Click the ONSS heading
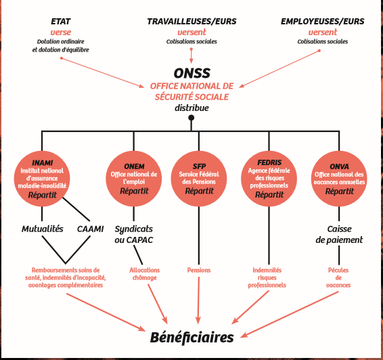click(191, 73)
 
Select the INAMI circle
click(42, 179)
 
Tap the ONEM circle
click(133, 179)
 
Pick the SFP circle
click(199, 179)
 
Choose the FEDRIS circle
click(269, 179)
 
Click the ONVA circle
click(339, 179)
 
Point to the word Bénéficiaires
click(191, 337)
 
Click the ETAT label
click(61, 22)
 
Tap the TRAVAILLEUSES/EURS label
click(191, 22)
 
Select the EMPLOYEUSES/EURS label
click(322, 22)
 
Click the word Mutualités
click(42, 229)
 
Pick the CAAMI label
click(91, 229)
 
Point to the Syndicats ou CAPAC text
click(134, 234)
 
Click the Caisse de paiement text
click(339, 234)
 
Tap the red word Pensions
click(199, 270)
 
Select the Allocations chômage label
click(145, 274)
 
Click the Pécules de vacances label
click(338, 277)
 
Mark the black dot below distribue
click(191, 118)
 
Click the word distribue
click(191, 108)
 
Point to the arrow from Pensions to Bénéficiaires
click(198, 300)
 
